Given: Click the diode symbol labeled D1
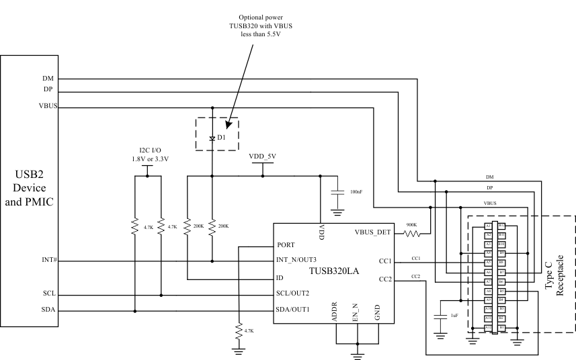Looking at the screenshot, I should click(212, 138).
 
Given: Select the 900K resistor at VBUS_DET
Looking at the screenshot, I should click(411, 234).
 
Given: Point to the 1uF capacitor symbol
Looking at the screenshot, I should click(441, 315).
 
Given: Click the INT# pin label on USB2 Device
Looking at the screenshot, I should click(49, 261).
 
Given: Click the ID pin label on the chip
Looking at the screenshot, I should click(280, 277).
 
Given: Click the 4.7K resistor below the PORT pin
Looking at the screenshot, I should click(238, 331).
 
